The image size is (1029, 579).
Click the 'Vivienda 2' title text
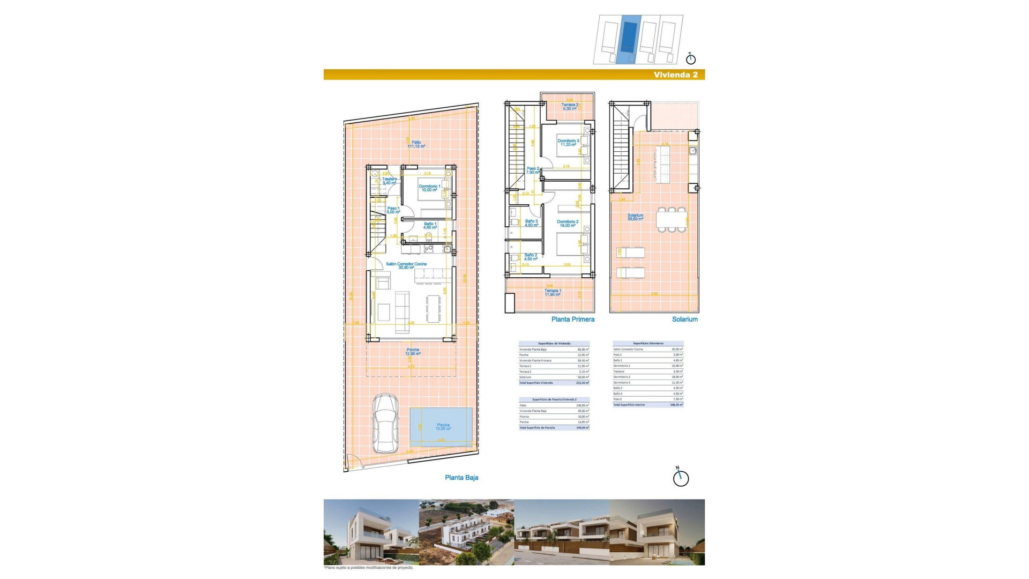coord(675,75)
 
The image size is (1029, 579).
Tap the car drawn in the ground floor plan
coord(385,424)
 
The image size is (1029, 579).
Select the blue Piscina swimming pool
coord(441,427)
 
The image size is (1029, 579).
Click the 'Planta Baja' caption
coord(461,478)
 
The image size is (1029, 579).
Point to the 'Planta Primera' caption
coord(572,320)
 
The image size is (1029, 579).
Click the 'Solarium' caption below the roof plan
coord(684,320)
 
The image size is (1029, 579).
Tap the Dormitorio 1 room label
coord(429,188)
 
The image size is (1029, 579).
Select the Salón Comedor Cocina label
coord(406,265)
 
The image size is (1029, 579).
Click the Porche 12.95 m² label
coord(413,352)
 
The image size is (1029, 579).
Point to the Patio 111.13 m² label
coord(416,144)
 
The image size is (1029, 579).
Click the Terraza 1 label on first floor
coord(553,292)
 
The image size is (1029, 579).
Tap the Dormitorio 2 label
coord(568,224)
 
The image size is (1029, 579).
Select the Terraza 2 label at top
coord(570,107)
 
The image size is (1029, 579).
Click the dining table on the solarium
coord(672,219)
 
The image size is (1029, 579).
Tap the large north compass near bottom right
coord(681,478)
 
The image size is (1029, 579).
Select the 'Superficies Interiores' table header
coord(648,343)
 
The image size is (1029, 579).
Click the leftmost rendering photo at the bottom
coord(371,532)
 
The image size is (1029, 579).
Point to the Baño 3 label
coord(531,223)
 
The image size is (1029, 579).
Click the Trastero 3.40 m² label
coord(390,181)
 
